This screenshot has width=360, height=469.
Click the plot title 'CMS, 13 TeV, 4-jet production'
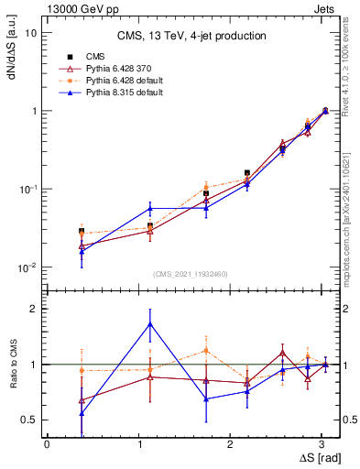coord(191,37)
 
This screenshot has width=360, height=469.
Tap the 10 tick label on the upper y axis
coord(31,33)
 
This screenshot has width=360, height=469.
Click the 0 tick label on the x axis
coord(46,443)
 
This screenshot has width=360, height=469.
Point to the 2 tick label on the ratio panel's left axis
coord(33,309)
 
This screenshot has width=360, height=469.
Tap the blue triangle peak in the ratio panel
coord(150,324)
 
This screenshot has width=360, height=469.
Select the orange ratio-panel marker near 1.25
coord(206,350)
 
